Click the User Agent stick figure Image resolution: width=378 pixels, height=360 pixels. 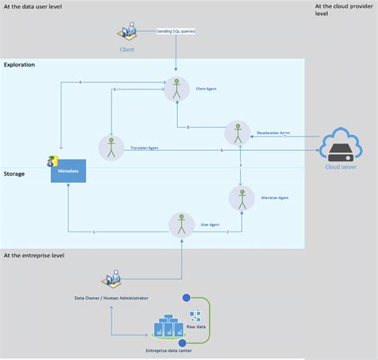coord(183,224)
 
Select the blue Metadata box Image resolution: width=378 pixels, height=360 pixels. coord(68,170)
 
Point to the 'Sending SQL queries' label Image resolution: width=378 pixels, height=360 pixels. coord(175,31)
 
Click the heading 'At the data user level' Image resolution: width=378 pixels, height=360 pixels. coord(33,6)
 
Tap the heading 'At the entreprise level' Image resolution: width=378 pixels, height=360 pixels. coord(34,255)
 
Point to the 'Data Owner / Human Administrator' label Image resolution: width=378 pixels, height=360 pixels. coord(111,298)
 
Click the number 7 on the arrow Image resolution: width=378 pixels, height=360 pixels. coord(284,137)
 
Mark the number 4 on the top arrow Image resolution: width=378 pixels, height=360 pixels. coord(81,84)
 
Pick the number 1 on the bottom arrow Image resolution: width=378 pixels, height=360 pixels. coord(94,231)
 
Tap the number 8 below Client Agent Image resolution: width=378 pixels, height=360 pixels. coord(187,128)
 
